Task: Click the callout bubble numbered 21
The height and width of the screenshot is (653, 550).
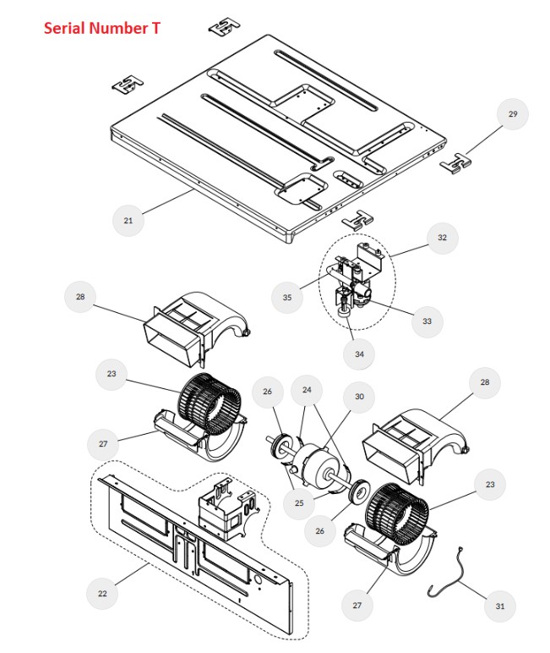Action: pos(128,221)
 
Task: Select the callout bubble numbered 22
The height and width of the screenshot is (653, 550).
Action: pos(103,593)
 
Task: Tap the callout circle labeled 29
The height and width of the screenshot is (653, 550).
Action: pos(512,114)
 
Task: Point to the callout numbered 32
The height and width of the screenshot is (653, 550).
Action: pos(441,239)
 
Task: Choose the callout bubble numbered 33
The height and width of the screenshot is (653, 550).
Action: pos(427,321)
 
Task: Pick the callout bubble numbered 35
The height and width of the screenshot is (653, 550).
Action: pos(287,298)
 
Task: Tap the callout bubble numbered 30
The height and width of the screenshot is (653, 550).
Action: pos(359,397)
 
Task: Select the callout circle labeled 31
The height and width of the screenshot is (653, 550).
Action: pos(499,606)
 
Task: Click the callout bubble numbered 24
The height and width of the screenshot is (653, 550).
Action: pos(307,390)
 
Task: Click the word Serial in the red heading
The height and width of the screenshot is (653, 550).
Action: pos(66,29)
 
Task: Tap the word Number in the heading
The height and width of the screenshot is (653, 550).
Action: pos(121,29)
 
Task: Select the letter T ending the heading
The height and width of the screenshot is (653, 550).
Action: pos(156,29)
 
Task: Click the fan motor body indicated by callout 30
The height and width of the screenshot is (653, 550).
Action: pos(320,461)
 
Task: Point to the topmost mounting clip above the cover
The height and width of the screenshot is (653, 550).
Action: pos(224,27)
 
